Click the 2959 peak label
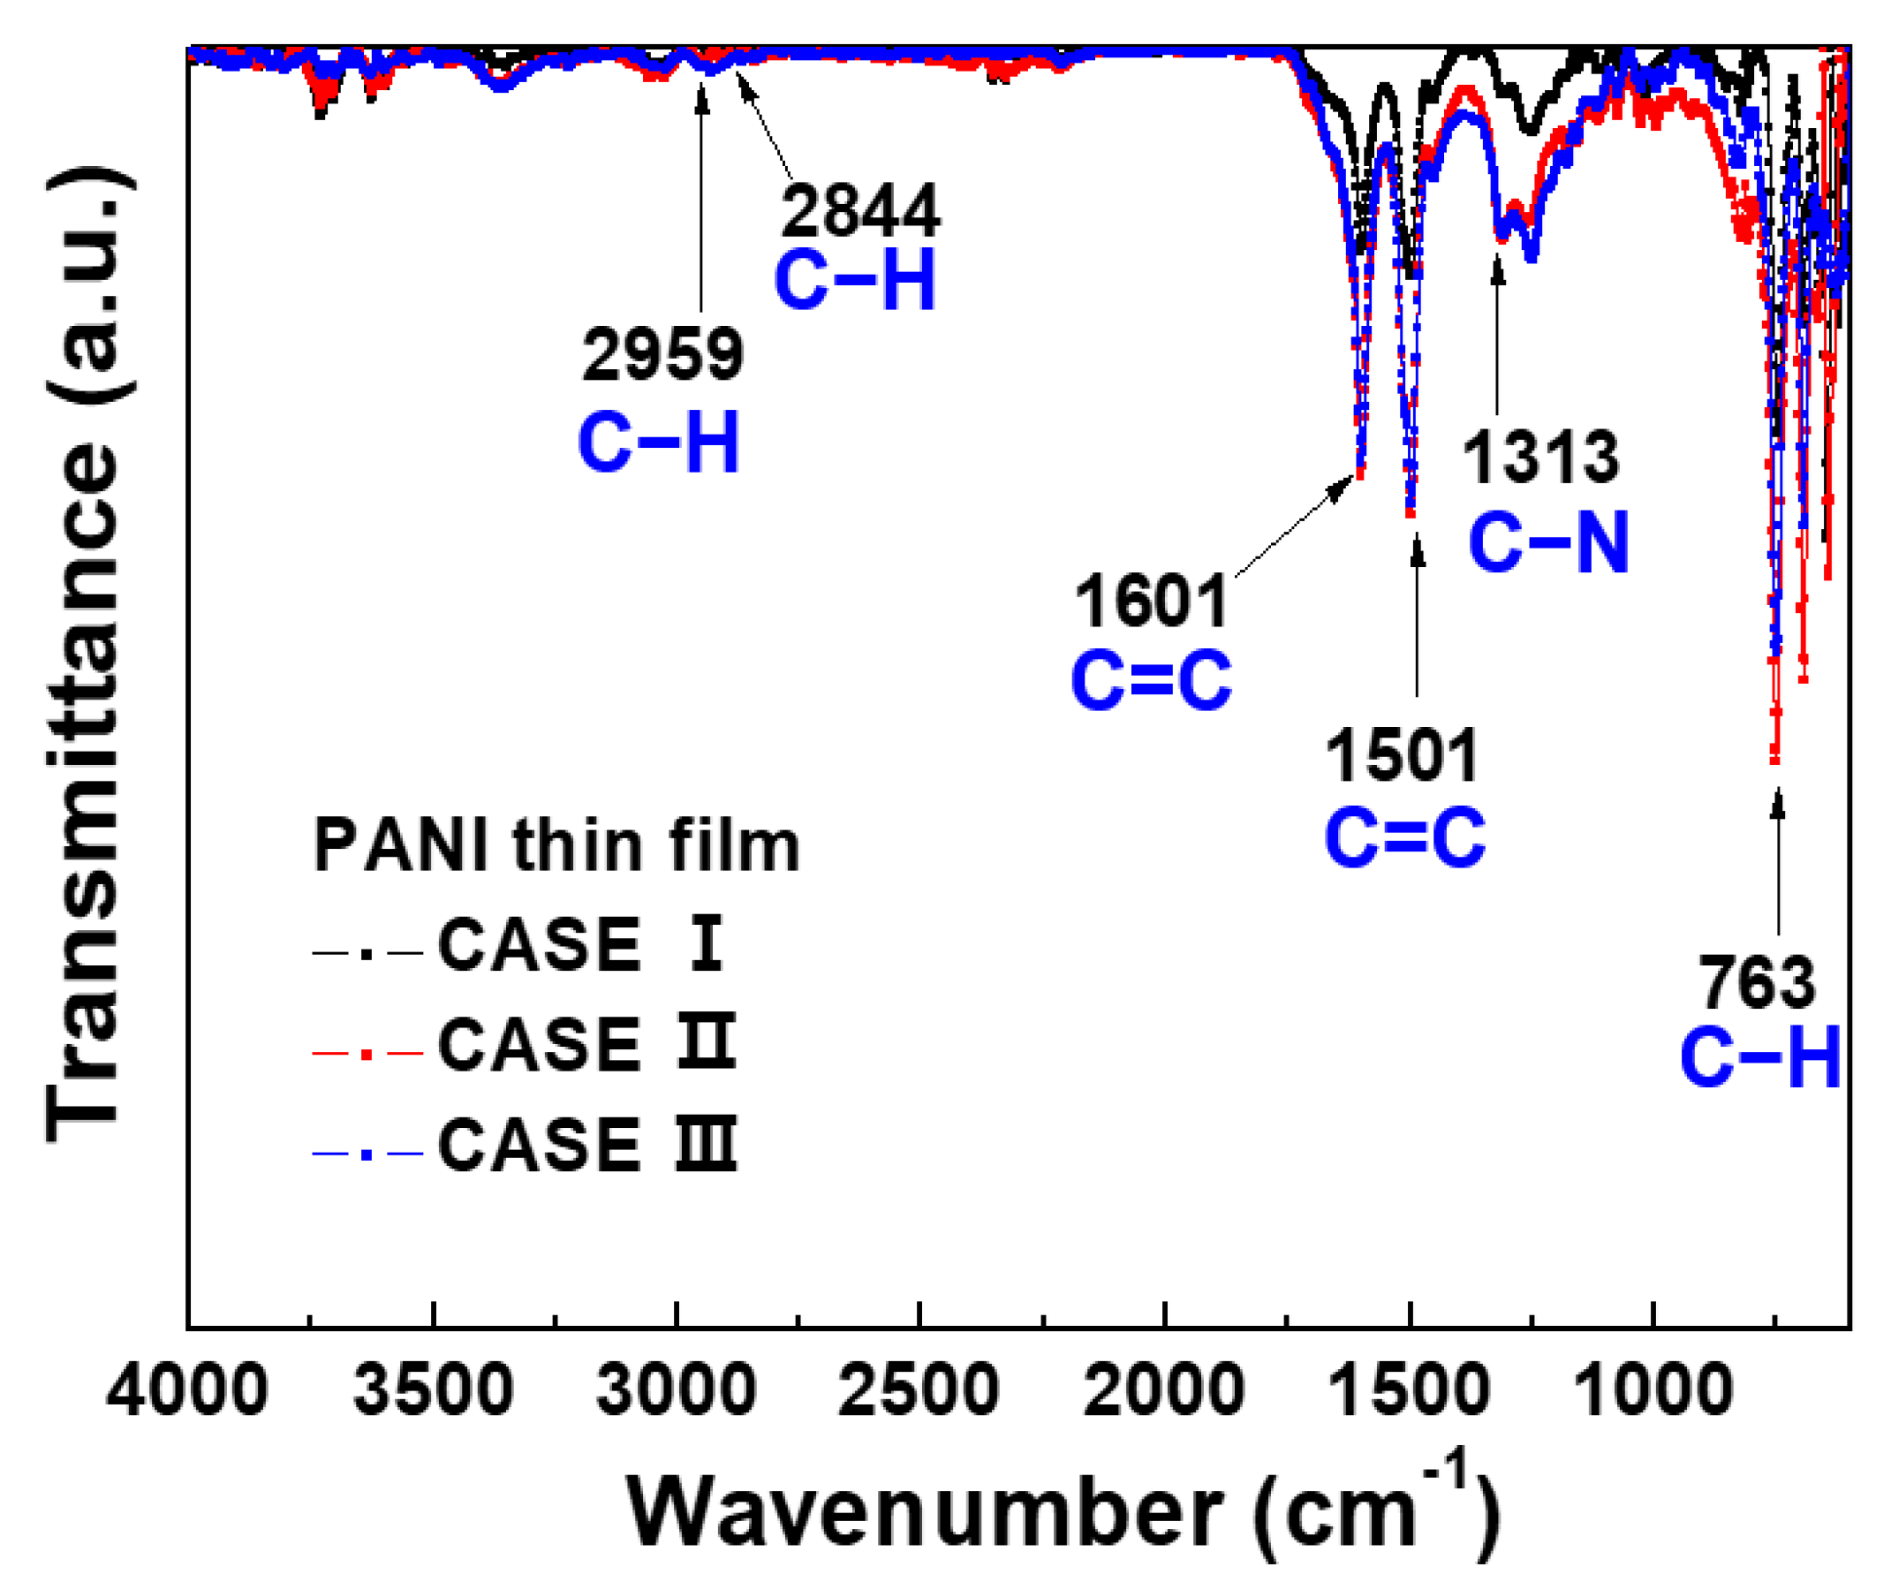coord(662,355)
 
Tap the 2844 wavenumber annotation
coord(860,212)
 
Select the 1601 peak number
coord(1151,602)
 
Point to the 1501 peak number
coord(1401,754)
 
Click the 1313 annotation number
coord(1540,458)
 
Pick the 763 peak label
coord(1757,983)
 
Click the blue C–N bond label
coord(1549,542)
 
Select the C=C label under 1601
coord(1151,681)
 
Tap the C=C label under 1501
coord(1404,837)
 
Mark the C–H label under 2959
coord(658,443)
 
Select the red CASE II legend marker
coord(367,1053)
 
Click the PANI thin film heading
coord(556,846)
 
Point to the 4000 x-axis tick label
coord(186,1389)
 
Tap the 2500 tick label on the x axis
coord(919,1389)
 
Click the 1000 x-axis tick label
coord(1653,1389)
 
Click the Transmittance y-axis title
coord(86,657)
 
